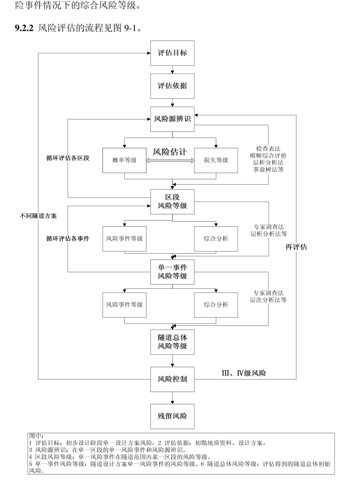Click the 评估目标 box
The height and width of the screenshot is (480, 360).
point(172,52)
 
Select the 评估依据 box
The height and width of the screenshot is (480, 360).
point(172,86)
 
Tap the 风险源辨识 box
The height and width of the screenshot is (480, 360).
point(172,120)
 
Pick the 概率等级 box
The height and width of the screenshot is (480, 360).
point(125,160)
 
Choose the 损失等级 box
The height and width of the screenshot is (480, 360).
point(216,160)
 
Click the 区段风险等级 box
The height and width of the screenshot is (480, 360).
point(172,201)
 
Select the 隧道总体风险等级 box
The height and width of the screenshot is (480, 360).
point(172,342)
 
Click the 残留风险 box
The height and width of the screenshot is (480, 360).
point(172,416)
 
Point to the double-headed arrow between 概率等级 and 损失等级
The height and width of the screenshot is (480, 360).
point(170,161)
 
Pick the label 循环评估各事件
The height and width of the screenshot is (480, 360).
point(67,238)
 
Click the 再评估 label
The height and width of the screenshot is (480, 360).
point(296,247)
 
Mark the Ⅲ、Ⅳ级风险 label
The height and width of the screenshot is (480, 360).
point(244,373)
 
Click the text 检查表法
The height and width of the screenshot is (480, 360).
point(268,149)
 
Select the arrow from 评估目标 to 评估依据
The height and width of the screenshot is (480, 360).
point(172,69)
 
